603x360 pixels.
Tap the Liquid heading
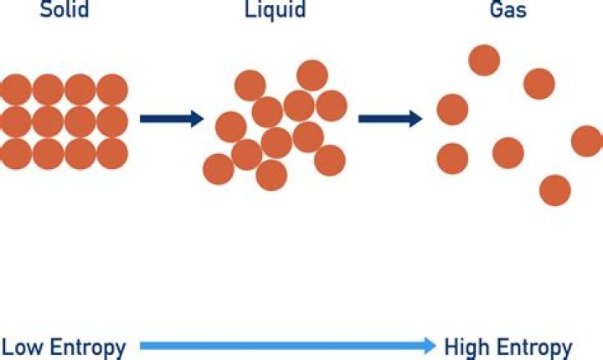point(276,12)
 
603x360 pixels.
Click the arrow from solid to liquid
point(171,119)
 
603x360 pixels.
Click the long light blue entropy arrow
point(285,345)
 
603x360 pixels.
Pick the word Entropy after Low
point(85,347)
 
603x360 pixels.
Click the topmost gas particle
point(484,59)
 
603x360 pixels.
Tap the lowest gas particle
point(554,190)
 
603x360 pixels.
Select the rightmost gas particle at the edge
point(586,141)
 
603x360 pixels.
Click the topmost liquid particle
point(312,75)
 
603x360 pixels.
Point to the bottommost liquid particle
point(271,175)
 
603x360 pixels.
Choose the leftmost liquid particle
point(218,168)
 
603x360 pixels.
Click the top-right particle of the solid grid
point(112,89)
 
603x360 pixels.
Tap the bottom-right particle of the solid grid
point(112,154)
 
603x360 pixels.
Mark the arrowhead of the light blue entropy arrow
point(429,345)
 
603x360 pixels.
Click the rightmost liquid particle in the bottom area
point(330,160)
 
